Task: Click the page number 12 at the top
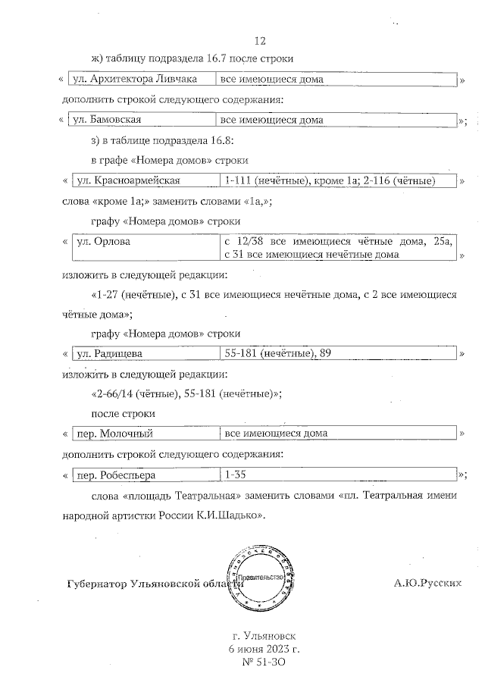click(x=260, y=41)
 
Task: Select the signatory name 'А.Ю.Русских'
click(x=427, y=584)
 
